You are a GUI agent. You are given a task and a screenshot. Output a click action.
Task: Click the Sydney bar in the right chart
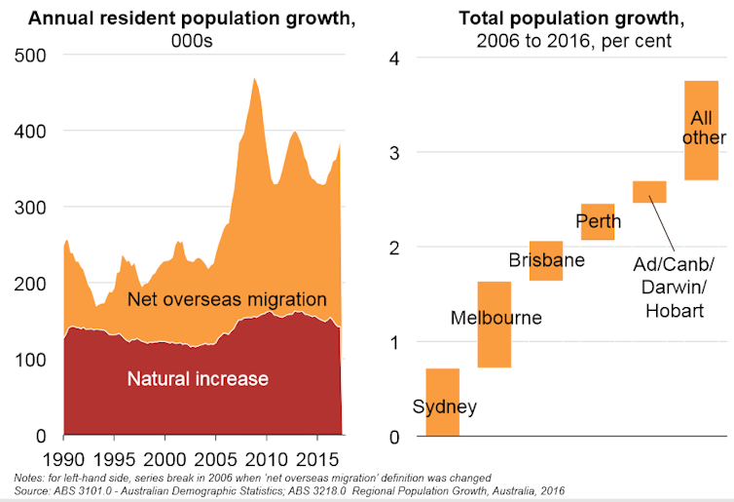click(x=442, y=402)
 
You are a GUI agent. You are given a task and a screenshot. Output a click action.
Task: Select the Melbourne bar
click(x=494, y=324)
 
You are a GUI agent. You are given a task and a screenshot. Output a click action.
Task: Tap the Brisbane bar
click(x=545, y=260)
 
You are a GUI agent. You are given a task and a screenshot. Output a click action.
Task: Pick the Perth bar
click(x=597, y=221)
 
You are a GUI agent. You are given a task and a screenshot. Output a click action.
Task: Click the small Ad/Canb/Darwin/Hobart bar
click(x=649, y=191)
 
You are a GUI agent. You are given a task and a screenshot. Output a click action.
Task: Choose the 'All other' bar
click(x=701, y=130)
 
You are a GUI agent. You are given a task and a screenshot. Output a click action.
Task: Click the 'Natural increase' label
click(x=198, y=377)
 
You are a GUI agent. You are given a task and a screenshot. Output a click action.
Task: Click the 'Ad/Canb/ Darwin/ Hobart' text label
click(x=674, y=287)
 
